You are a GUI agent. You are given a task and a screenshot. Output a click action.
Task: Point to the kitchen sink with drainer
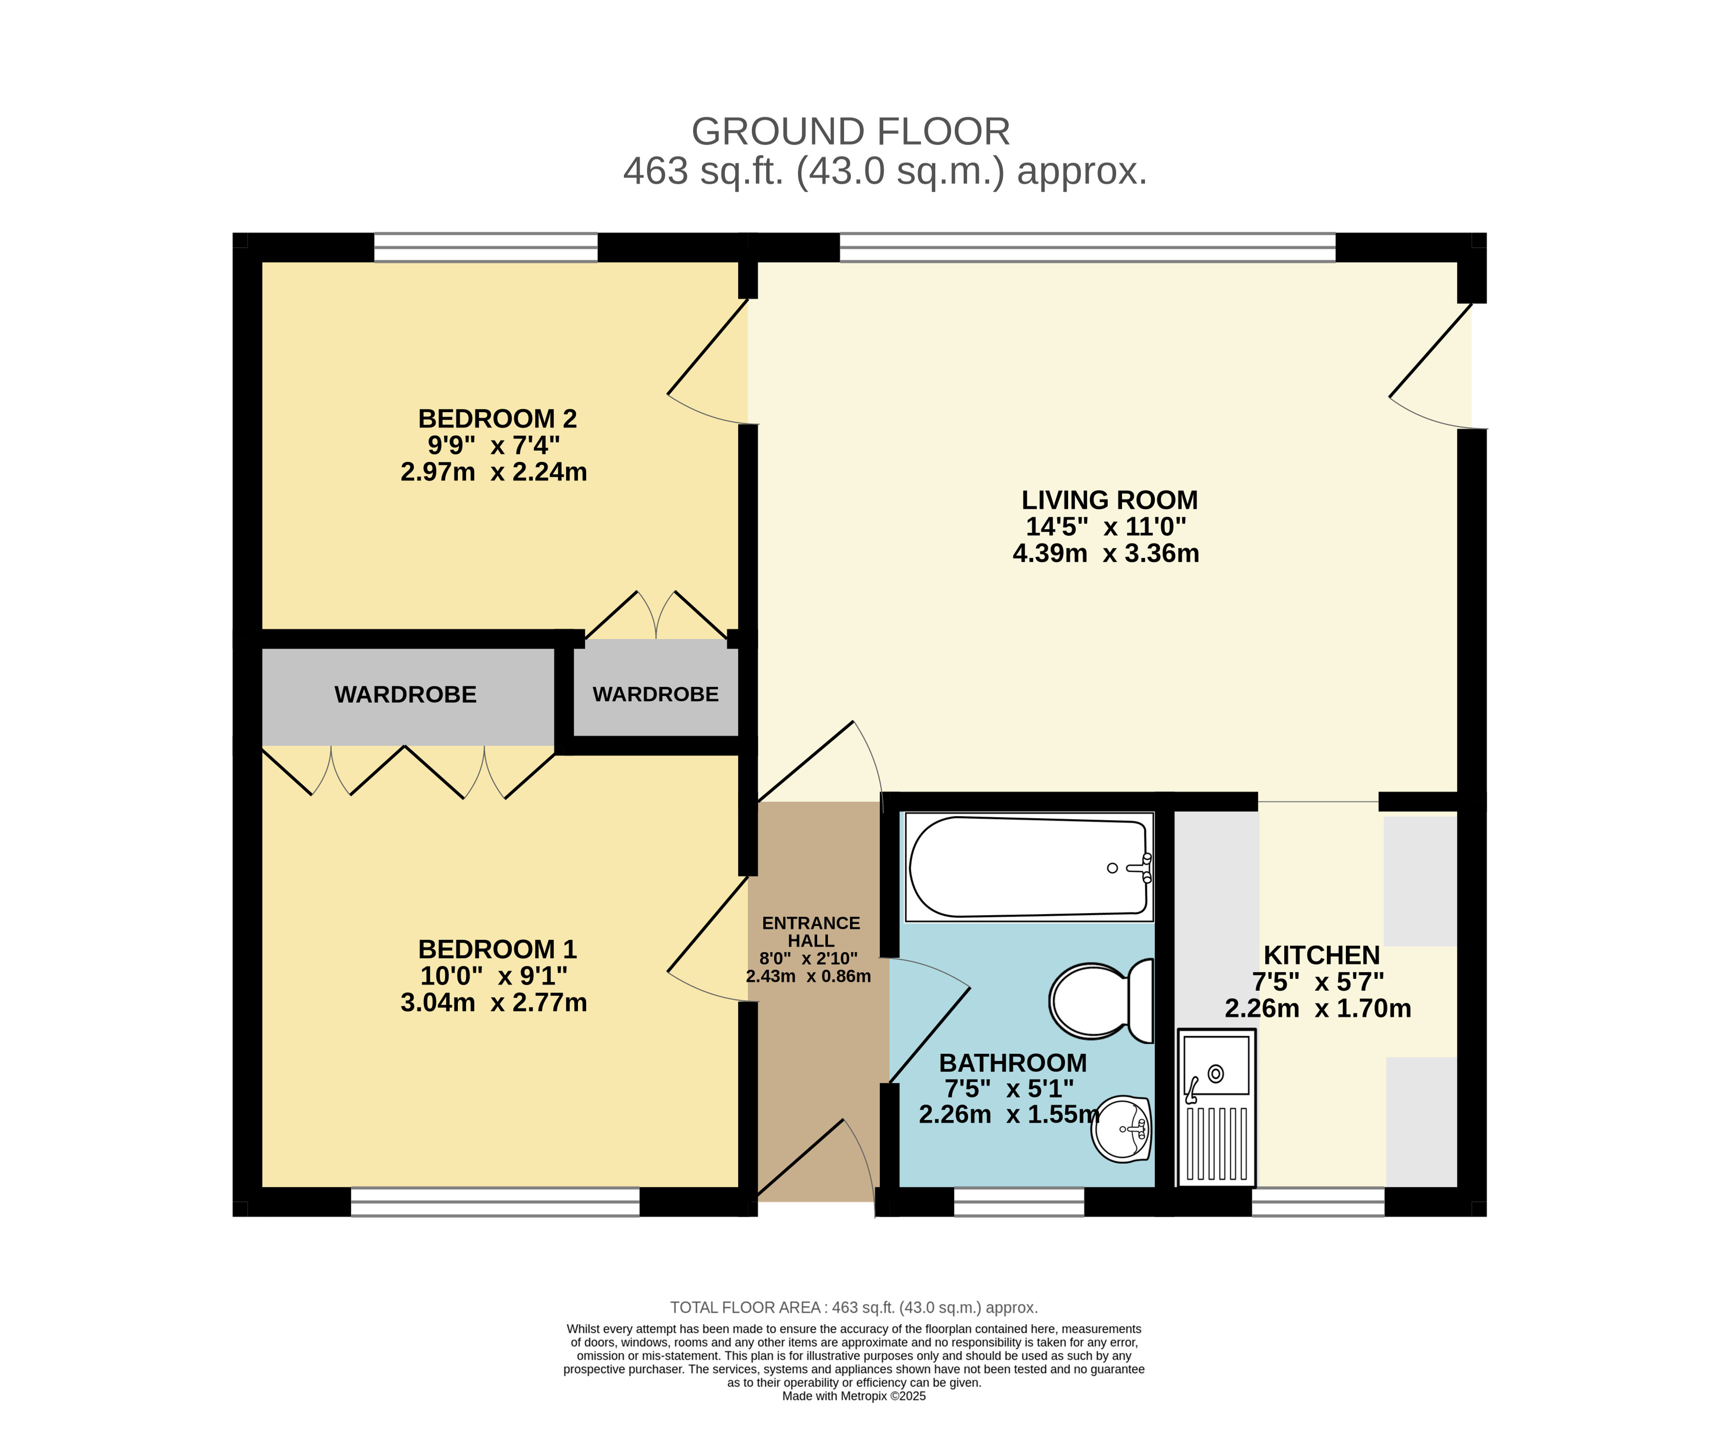(x=1217, y=1107)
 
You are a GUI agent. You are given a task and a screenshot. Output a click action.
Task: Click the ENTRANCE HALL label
(x=811, y=931)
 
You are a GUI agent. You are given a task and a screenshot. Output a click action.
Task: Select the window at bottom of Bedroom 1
(x=495, y=1202)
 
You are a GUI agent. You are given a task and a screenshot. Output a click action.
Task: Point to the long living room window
(x=1087, y=247)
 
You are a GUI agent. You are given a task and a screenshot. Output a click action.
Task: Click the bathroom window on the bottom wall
(x=1019, y=1202)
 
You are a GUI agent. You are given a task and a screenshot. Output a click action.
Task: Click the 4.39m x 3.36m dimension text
(x=1105, y=553)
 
